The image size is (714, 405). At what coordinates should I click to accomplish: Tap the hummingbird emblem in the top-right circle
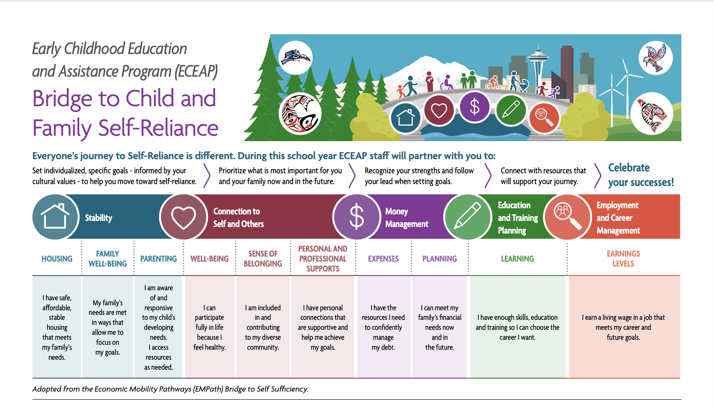[655, 58]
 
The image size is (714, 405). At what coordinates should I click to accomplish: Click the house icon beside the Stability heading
[56, 217]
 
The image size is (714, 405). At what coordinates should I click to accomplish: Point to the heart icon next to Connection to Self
[183, 217]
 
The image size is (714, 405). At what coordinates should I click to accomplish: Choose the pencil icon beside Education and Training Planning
[467, 217]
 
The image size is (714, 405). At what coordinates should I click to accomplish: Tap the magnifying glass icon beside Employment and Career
[568, 217]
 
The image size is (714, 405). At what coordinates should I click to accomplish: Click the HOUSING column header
[57, 259]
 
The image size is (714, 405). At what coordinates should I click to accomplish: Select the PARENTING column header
[158, 259]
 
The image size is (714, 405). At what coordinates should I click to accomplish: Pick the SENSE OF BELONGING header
[263, 259]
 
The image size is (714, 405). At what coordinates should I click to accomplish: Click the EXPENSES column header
[383, 259]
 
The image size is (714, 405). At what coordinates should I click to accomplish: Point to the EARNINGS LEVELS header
[623, 259]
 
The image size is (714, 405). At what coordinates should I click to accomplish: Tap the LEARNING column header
[517, 259]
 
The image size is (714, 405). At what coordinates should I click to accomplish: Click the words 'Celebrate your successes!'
[641, 175]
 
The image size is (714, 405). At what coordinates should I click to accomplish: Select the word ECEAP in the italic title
[196, 71]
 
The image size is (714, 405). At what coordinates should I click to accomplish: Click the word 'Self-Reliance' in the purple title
[158, 128]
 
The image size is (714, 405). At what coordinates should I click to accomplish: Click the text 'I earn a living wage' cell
[624, 327]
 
